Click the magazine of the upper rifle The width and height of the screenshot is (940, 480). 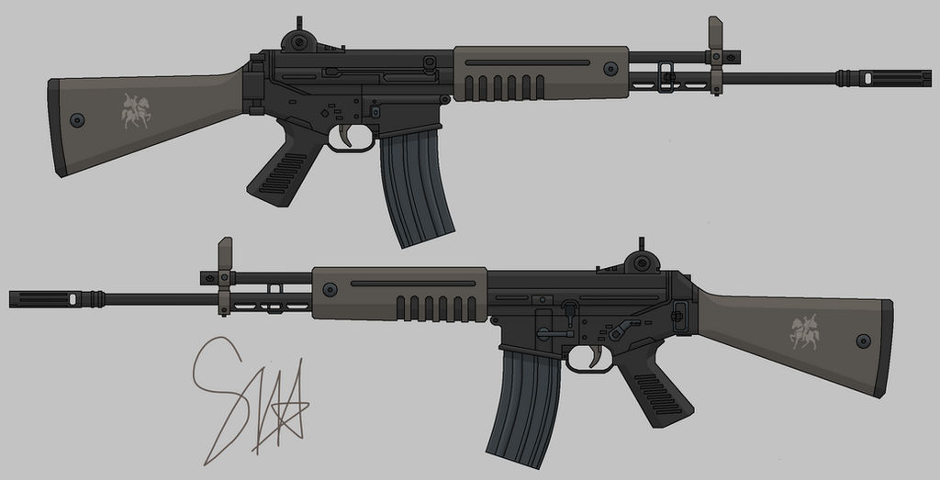417,188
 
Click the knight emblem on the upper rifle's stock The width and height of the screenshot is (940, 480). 136,110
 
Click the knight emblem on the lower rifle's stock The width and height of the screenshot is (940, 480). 805,331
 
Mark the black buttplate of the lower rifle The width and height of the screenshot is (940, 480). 885,349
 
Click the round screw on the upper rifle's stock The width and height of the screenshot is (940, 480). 77,120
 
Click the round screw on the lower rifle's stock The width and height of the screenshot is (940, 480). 863,340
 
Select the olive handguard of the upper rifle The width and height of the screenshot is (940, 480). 542,73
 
